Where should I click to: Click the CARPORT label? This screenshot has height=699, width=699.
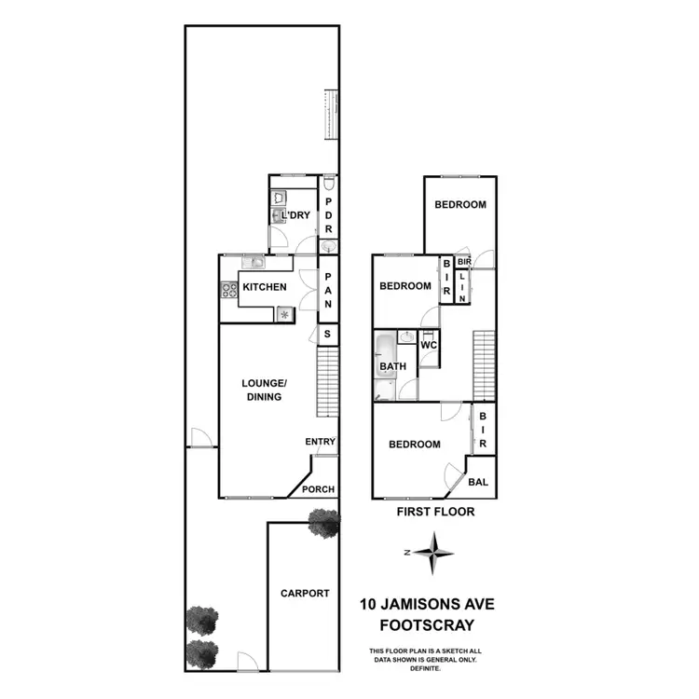305,593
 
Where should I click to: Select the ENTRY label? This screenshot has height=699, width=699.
320,442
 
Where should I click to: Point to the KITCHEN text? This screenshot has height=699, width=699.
265,287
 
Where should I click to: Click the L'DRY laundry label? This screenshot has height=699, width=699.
295,216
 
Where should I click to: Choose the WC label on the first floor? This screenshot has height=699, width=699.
429,345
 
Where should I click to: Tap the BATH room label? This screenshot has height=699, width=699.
392,367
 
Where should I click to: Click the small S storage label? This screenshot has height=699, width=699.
327,335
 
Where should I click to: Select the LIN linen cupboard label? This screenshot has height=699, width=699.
462,286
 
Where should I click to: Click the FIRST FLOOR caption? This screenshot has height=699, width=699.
434,512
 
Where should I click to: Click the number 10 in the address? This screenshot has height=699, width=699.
368,604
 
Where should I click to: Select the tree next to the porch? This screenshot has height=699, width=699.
323,524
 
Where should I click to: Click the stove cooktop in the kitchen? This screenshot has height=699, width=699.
228,290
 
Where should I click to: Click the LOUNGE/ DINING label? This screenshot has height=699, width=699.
262,390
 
